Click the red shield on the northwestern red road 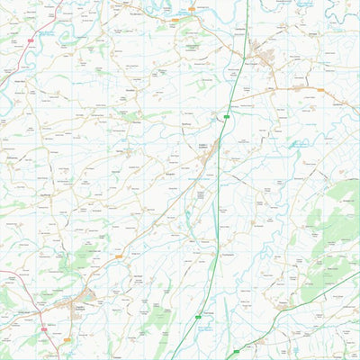pos(31,40)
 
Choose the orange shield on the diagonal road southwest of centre pos(118,256)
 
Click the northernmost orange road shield pos(190,9)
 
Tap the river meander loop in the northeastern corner pos(342,11)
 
